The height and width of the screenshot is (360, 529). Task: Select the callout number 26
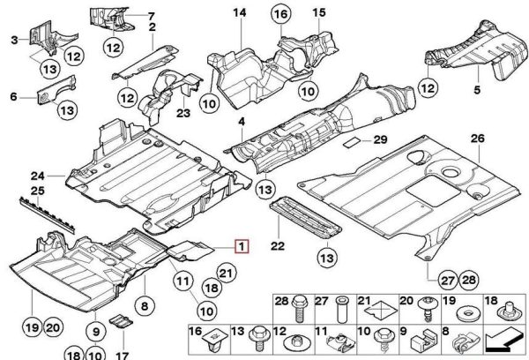pyautogui.click(x=477, y=139)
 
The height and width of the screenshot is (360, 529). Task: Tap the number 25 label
pyautogui.click(x=36, y=191)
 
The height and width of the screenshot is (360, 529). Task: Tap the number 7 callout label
pyautogui.click(x=151, y=16)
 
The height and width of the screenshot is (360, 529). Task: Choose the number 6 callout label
pyautogui.click(x=13, y=96)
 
